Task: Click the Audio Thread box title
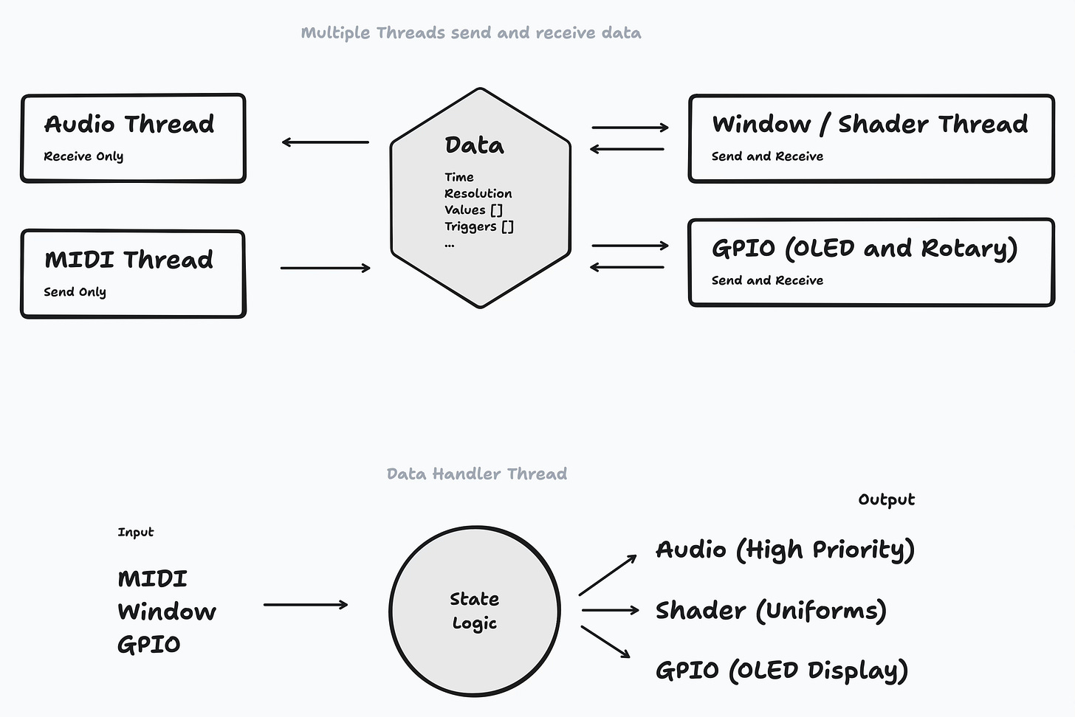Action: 129,124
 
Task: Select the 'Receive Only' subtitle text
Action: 83,156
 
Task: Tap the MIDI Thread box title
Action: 129,260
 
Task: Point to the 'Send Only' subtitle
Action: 75,292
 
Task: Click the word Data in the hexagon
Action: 474,145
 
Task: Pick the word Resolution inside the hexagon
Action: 478,193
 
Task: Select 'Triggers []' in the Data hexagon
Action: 478,226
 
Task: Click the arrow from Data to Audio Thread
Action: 325,142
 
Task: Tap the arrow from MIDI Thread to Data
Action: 325,268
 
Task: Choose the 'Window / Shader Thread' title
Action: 870,124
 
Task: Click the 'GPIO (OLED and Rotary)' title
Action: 865,249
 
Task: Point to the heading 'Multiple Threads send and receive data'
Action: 471,33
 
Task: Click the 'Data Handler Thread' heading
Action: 477,474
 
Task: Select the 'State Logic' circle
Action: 475,611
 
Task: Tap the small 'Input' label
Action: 136,532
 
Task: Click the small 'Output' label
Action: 886,499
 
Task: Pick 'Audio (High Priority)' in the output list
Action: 785,550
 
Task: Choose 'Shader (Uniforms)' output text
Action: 771,611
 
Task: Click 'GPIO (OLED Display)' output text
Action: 781,671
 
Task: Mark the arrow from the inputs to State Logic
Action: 306,605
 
